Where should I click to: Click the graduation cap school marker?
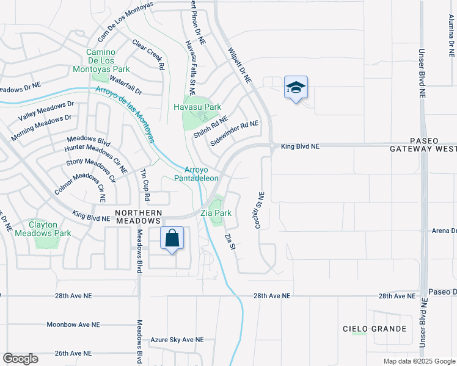tap(296, 88)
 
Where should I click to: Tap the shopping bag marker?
tap(172, 238)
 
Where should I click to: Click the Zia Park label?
tap(216, 213)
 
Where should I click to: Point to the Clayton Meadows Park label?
tap(49, 229)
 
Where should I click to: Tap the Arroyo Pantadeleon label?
tap(196, 174)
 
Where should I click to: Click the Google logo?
tap(20, 359)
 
